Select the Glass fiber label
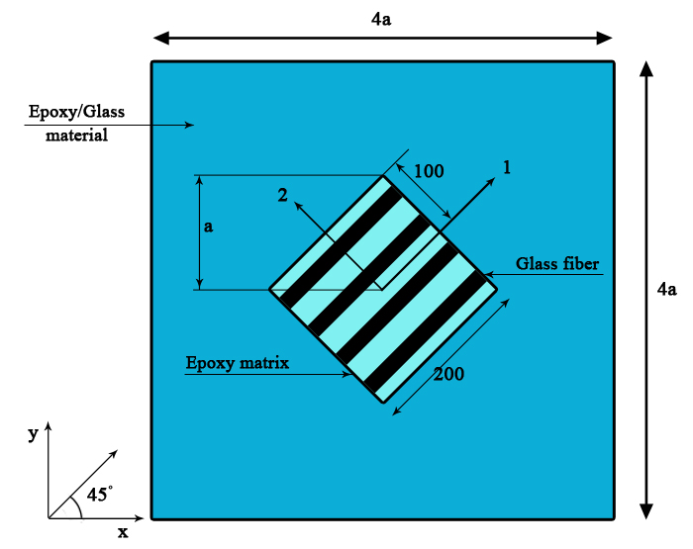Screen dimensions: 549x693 tap(557, 264)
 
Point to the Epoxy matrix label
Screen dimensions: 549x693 tap(238, 363)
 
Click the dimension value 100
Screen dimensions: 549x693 tap(428, 171)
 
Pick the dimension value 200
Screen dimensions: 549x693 tap(448, 374)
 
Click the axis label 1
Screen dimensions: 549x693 tap(507, 167)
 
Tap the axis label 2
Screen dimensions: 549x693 tap(282, 196)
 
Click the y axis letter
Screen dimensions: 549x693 tap(33, 433)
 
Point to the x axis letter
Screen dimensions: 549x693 tap(123, 532)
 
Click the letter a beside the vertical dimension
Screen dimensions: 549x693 tap(208, 227)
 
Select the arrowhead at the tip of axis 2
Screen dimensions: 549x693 tap(298, 206)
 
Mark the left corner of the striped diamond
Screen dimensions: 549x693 tap(269, 290)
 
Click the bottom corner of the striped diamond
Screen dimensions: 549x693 tap(382, 403)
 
